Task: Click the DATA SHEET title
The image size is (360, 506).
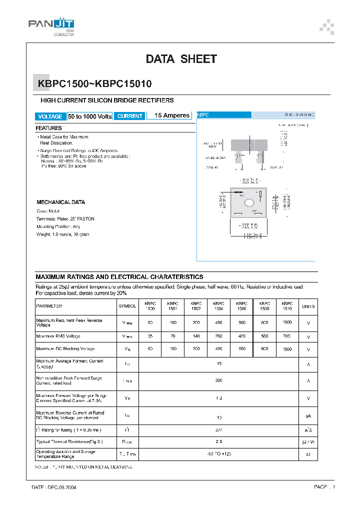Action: click(181, 59)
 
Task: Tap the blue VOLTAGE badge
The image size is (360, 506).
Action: click(50, 116)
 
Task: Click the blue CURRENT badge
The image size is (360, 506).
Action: click(130, 116)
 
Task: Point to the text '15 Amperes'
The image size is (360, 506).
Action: click(172, 115)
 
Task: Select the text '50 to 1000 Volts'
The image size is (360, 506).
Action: click(90, 116)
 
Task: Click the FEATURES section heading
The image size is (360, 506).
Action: click(49, 128)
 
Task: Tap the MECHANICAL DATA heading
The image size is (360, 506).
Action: click(61, 202)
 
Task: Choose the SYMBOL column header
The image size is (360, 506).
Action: click(127, 306)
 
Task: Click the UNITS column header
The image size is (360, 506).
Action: click(308, 306)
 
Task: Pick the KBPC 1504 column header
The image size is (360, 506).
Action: click(218, 306)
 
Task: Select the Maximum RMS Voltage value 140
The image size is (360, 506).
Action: click(195, 336)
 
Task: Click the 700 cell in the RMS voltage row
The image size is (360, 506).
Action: click(287, 336)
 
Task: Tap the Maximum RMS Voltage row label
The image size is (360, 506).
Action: click(58, 336)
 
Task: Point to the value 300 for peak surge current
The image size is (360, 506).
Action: click(218, 380)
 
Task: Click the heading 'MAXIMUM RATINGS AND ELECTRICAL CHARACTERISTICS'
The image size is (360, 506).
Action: click(119, 276)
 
